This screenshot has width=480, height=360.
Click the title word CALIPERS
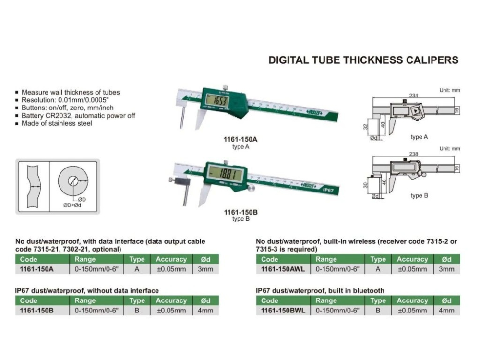point(431,60)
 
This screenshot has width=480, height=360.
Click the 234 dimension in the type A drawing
point(413,96)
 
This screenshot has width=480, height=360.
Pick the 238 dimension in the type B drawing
point(413,155)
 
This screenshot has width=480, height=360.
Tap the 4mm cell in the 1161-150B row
point(205,311)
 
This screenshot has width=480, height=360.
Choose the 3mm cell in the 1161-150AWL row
point(446,269)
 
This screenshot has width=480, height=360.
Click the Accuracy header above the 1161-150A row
point(171,259)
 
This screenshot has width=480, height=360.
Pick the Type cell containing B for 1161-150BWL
point(378,311)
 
